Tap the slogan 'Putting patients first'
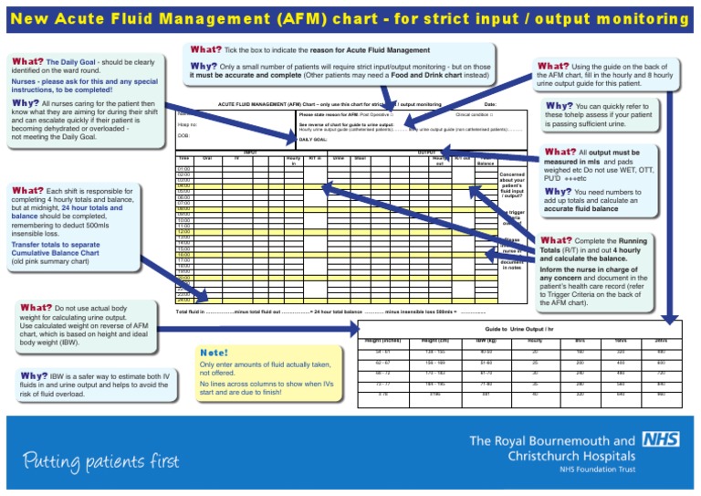[101, 459]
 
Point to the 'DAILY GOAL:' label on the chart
[313, 139]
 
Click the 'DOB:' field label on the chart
[183, 134]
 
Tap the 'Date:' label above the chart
[490, 105]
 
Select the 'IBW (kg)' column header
[486, 340]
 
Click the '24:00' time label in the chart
[183, 299]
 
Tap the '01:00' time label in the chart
[183, 168]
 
